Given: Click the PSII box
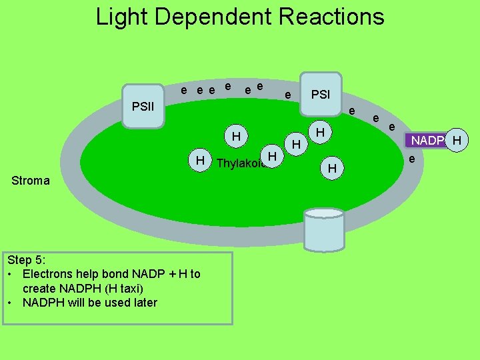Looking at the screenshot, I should click(x=143, y=106).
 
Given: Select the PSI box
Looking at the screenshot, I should click(x=321, y=94).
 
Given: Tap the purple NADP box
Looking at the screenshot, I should click(x=427, y=141).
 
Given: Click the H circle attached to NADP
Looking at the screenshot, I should click(x=457, y=140).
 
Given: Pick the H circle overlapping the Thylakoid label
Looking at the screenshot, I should click(x=271, y=156).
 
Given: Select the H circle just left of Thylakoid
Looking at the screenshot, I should click(x=199, y=161).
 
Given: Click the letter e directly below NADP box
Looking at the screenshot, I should click(x=412, y=159).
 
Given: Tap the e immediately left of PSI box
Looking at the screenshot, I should click(x=287, y=96).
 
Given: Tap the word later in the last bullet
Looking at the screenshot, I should click(x=142, y=303).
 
